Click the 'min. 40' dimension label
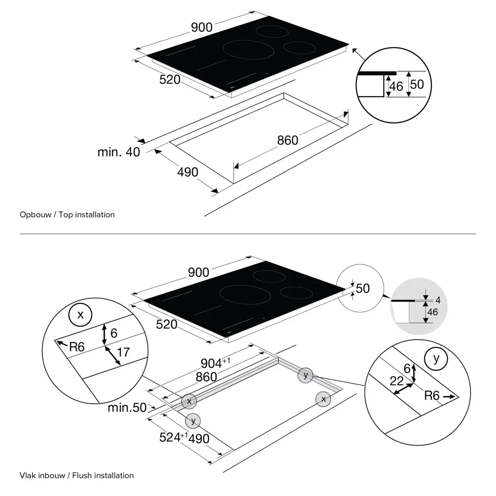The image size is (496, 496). pos(119,152)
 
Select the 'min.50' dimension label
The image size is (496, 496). pos(127,408)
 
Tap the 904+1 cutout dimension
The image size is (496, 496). pos(215,363)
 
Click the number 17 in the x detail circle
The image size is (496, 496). pos(123,352)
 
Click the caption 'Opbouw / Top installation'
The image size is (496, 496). pos(67,215)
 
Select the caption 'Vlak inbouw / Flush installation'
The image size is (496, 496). pos(76,476)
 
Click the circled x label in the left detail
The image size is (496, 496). pos(80,315)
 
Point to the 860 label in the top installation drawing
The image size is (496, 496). pos(288,141)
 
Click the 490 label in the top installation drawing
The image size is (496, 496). pos(188,172)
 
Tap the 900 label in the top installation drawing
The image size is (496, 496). pos(202,27)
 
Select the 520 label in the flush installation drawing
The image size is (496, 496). pos(167,325)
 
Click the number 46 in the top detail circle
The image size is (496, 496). pos(396,87)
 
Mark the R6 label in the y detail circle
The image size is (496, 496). pos(432,396)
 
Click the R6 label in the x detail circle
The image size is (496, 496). pos(76,347)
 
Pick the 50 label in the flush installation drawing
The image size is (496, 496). pos(362,288)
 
